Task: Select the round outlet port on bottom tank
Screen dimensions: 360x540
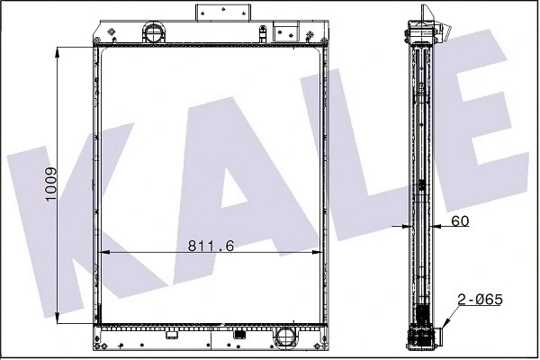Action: point(286,337)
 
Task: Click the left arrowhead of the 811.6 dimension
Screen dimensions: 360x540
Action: point(101,255)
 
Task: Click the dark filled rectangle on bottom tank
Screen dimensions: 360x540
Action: point(239,337)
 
